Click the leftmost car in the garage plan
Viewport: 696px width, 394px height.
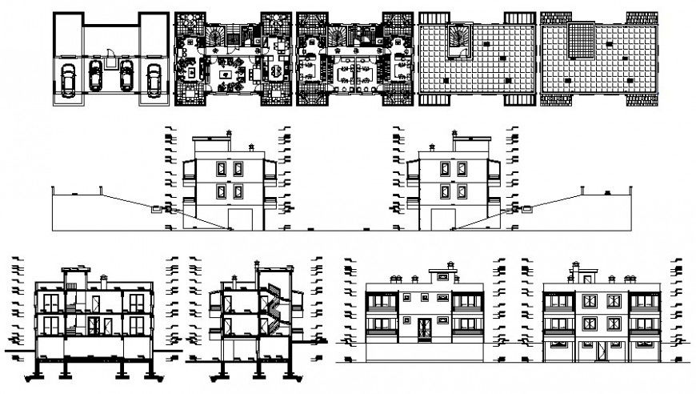point(67,79)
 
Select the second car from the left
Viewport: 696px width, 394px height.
point(96,78)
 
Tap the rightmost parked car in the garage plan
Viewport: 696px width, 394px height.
point(153,79)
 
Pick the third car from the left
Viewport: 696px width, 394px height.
point(125,78)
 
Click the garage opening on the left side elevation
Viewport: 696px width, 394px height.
point(240,219)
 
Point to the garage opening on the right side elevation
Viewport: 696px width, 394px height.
point(442,219)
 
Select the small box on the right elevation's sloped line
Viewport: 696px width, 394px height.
point(526,210)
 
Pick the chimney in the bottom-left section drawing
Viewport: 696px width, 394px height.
point(104,279)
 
